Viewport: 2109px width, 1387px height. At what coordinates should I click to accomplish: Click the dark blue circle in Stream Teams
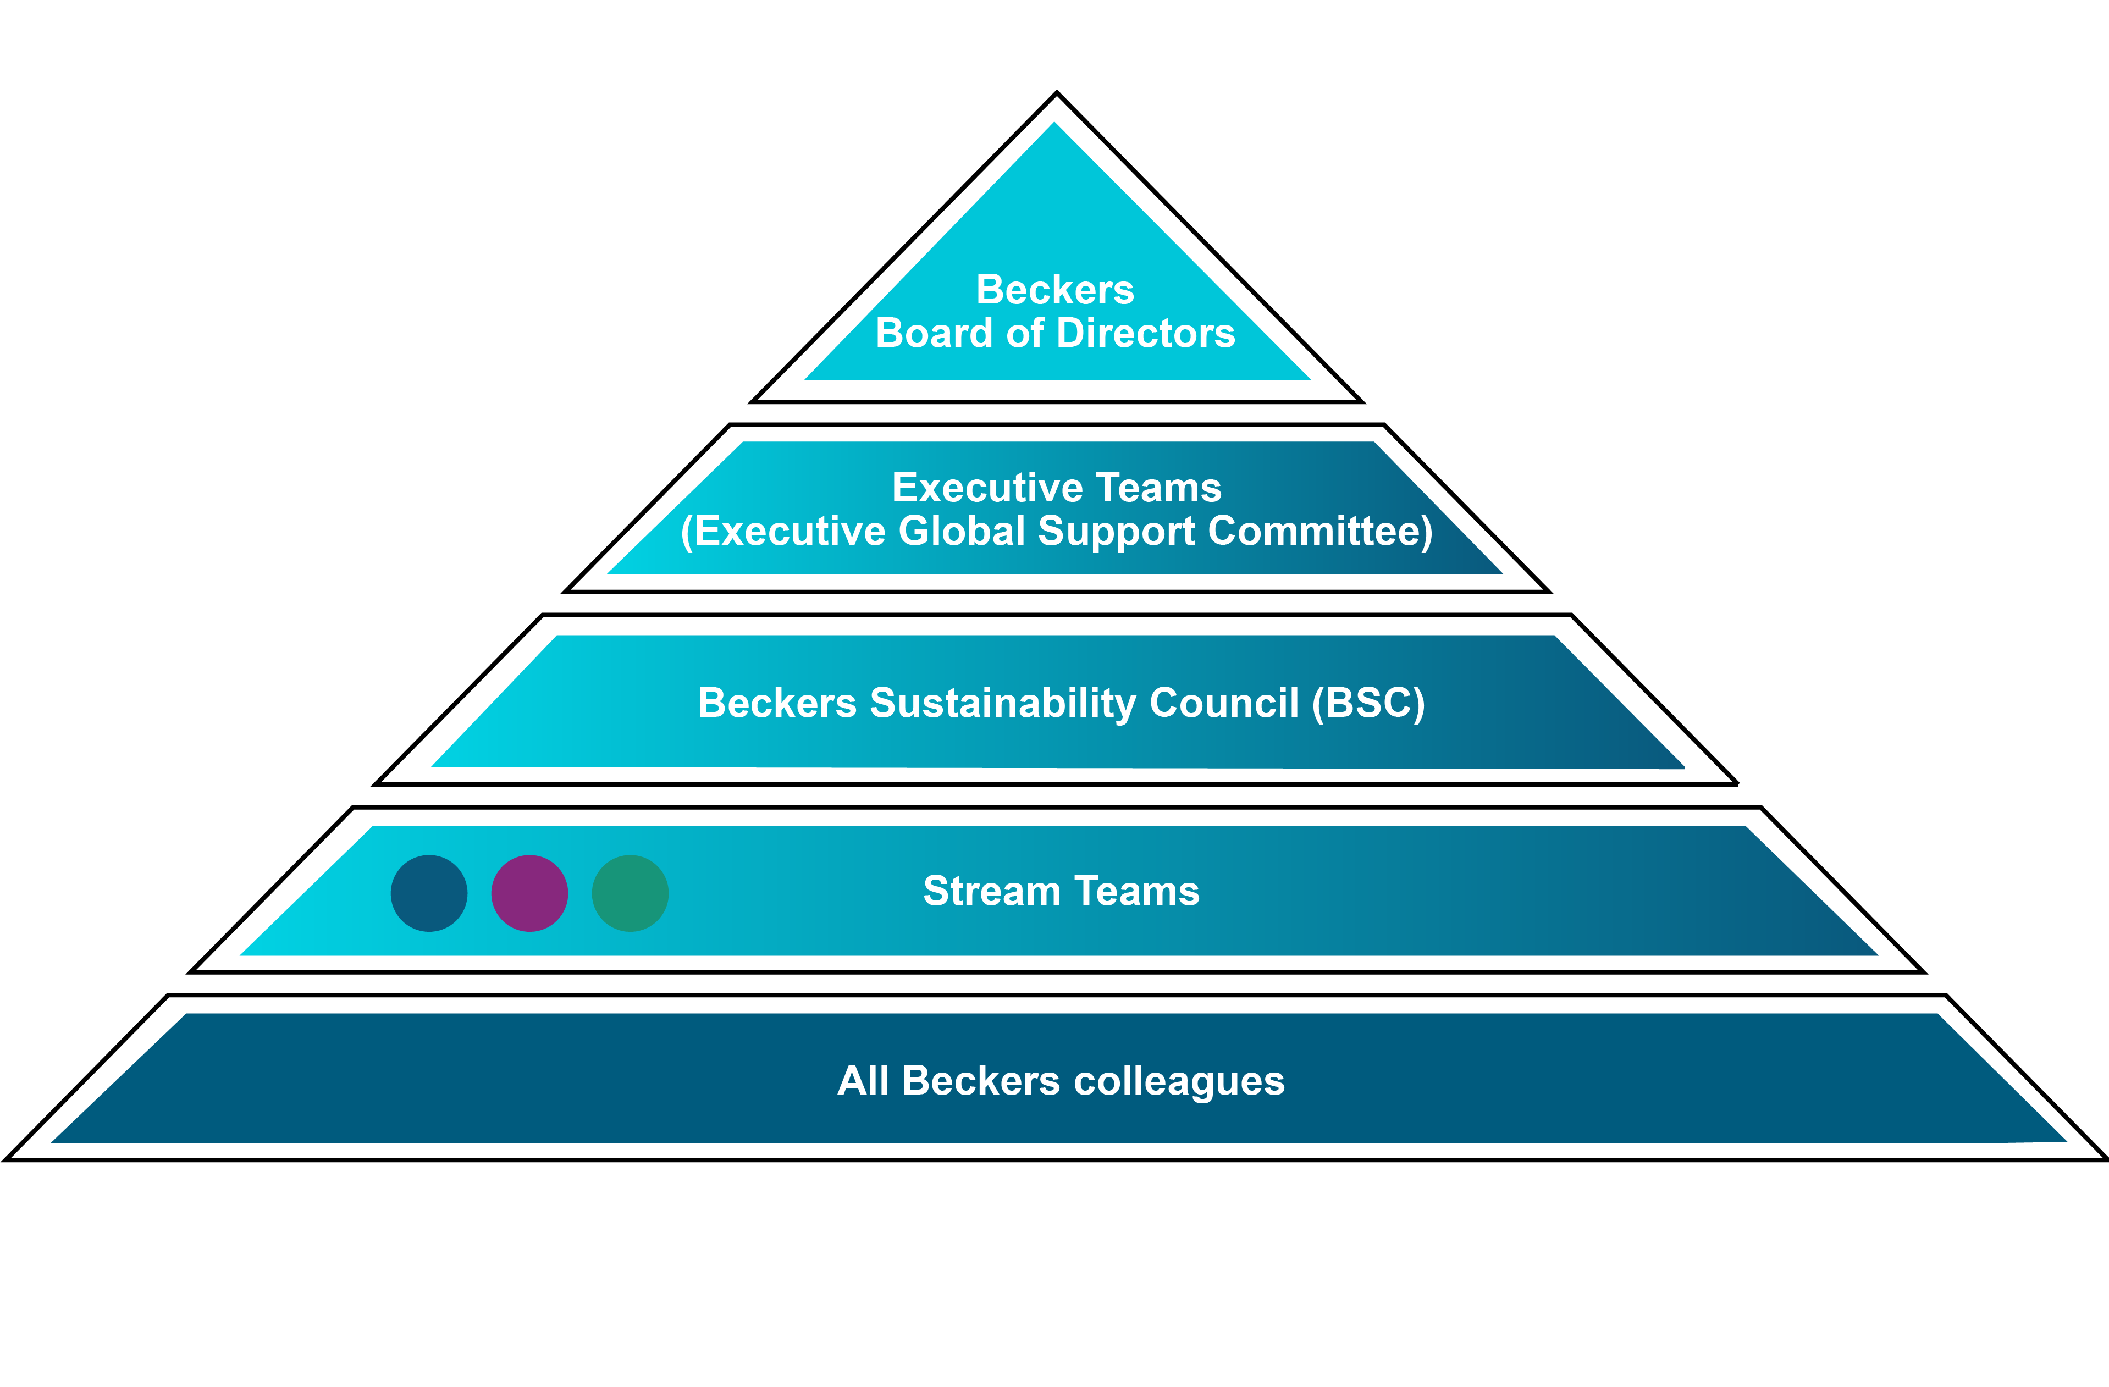pyautogui.click(x=429, y=893)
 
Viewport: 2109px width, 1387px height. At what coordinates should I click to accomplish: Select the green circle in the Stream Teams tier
pyautogui.click(x=630, y=893)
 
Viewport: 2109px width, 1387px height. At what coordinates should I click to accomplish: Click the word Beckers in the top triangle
pyautogui.click(x=1054, y=290)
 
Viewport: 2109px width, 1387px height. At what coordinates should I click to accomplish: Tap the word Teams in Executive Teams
pyautogui.click(x=1158, y=488)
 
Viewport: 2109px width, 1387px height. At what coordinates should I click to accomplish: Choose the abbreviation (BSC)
pyautogui.click(x=1368, y=704)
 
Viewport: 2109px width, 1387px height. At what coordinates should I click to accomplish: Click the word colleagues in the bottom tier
pyautogui.click(x=1179, y=1082)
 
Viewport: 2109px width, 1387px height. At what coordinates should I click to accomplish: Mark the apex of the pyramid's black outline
pyautogui.click(x=1056, y=93)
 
